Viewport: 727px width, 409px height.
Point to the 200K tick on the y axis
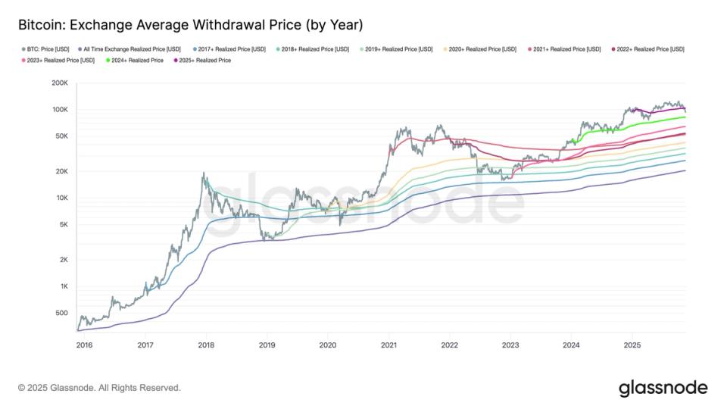tap(59, 83)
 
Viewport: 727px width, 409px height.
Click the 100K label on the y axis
tap(59, 110)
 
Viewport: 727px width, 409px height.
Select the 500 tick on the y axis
tap(61, 313)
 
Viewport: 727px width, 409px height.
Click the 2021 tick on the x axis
tap(388, 345)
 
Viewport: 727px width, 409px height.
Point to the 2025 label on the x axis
tap(632, 345)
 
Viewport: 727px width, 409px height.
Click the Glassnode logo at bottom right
tap(663, 388)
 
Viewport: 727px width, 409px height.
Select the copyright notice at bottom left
tap(99, 388)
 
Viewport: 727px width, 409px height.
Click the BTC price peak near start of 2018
tap(204, 173)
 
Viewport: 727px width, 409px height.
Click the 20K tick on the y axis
tap(61, 172)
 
